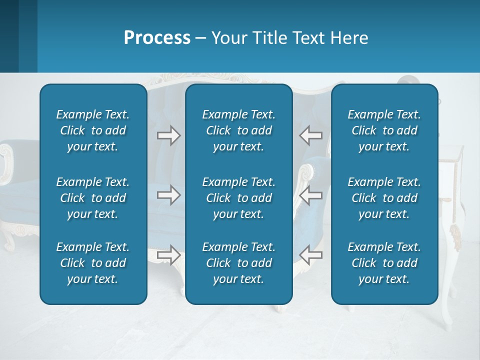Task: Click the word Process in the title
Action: pyautogui.click(x=157, y=38)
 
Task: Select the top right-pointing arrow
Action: pyautogui.click(x=168, y=135)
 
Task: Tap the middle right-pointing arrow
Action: pyautogui.click(x=168, y=195)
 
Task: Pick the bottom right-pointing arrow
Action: pyautogui.click(x=168, y=255)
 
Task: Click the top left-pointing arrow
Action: pyautogui.click(x=310, y=135)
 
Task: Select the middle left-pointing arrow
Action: pyautogui.click(x=310, y=195)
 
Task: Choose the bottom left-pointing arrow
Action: pyautogui.click(x=310, y=255)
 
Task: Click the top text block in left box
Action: pyautogui.click(x=93, y=130)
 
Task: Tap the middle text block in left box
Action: pyautogui.click(x=93, y=198)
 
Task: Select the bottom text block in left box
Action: pyautogui.click(x=93, y=263)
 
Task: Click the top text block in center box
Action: pyautogui.click(x=239, y=130)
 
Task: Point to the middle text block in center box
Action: pyautogui.click(x=239, y=198)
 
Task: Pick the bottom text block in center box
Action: pyautogui.click(x=239, y=263)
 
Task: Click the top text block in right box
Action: pyautogui.click(x=384, y=130)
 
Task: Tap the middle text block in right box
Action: pyautogui.click(x=384, y=198)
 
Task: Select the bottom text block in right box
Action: pyautogui.click(x=384, y=263)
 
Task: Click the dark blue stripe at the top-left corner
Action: pyautogui.click(x=9, y=36)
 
